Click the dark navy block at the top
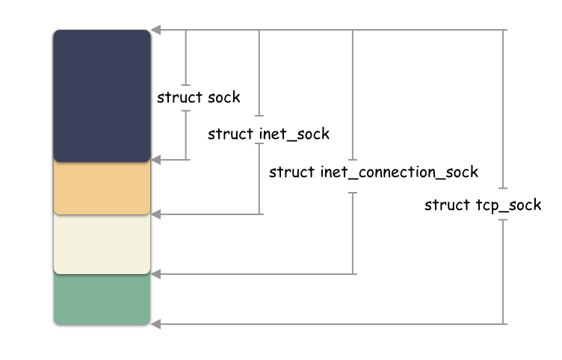point(102,96)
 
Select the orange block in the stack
point(102,187)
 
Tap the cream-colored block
point(102,244)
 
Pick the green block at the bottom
point(102,300)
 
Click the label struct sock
point(198,98)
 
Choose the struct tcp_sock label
point(482,205)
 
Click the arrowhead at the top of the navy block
point(155,31)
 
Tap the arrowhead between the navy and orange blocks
point(155,160)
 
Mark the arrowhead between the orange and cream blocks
point(155,215)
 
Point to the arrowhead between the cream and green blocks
point(155,274)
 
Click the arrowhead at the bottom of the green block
point(155,324)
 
